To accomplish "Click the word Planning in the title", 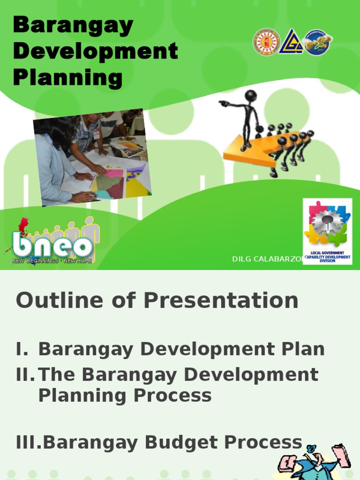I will (x=68, y=77).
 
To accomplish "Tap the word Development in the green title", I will (x=96, y=51).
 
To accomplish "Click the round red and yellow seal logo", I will (x=266, y=42).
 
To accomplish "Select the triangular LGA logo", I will (x=291, y=42).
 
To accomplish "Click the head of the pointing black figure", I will (x=251, y=96).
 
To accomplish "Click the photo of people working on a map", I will (x=92, y=157).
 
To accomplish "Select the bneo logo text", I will (x=52, y=246).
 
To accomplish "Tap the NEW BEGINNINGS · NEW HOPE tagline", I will (x=52, y=261).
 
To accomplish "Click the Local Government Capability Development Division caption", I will (x=327, y=257).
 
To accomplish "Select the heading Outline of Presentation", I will (x=157, y=300).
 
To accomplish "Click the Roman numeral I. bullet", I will (x=22, y=349).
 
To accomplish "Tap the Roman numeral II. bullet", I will (x=26, y=375).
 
